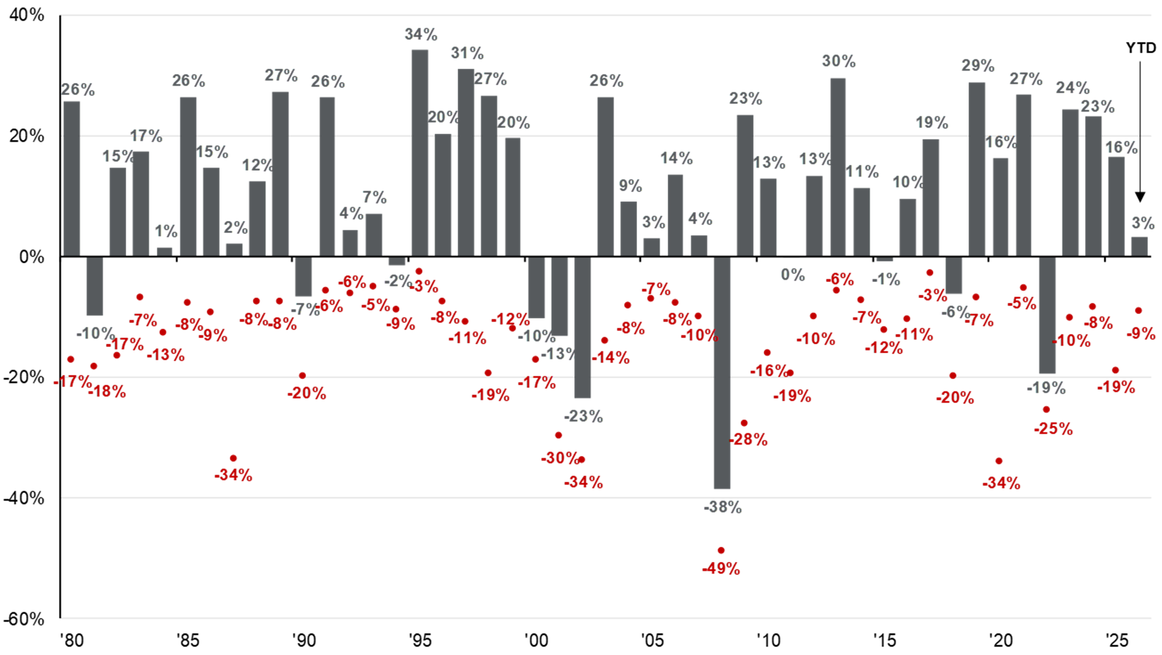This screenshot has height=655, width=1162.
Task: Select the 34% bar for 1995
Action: coord(420,153)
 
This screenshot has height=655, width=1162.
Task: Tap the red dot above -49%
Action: coord(721,550)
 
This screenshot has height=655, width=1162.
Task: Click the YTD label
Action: coord(1141,48)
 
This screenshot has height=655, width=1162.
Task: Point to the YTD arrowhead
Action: coord(1140,197)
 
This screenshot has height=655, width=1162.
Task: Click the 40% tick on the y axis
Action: coord(27,16)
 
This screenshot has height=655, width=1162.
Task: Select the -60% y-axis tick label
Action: coord(24,619)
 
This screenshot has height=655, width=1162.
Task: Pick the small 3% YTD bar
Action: coord(1139,247)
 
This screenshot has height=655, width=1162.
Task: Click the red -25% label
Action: coord(1053,429)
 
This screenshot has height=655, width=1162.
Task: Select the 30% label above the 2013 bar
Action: coord(838,61)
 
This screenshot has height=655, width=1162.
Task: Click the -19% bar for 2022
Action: coord(1047,315)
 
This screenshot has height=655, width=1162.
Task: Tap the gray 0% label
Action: coord(793,275)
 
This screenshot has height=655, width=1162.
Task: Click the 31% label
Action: coord(467,53)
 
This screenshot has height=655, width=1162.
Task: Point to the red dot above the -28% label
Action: coord(744,423)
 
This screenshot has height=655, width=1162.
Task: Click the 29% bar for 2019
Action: coord(976,170)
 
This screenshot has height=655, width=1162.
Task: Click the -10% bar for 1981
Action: coord(95,286)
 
